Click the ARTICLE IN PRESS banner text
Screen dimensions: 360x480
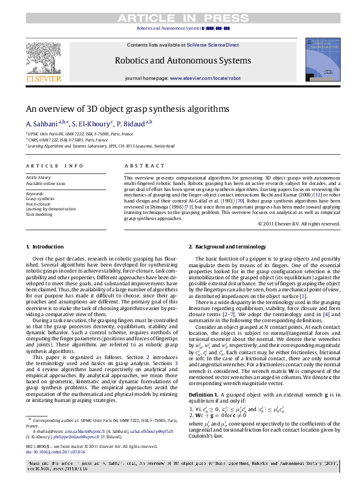click(180, 18)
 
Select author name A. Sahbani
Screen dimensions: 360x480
click(41, 123)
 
